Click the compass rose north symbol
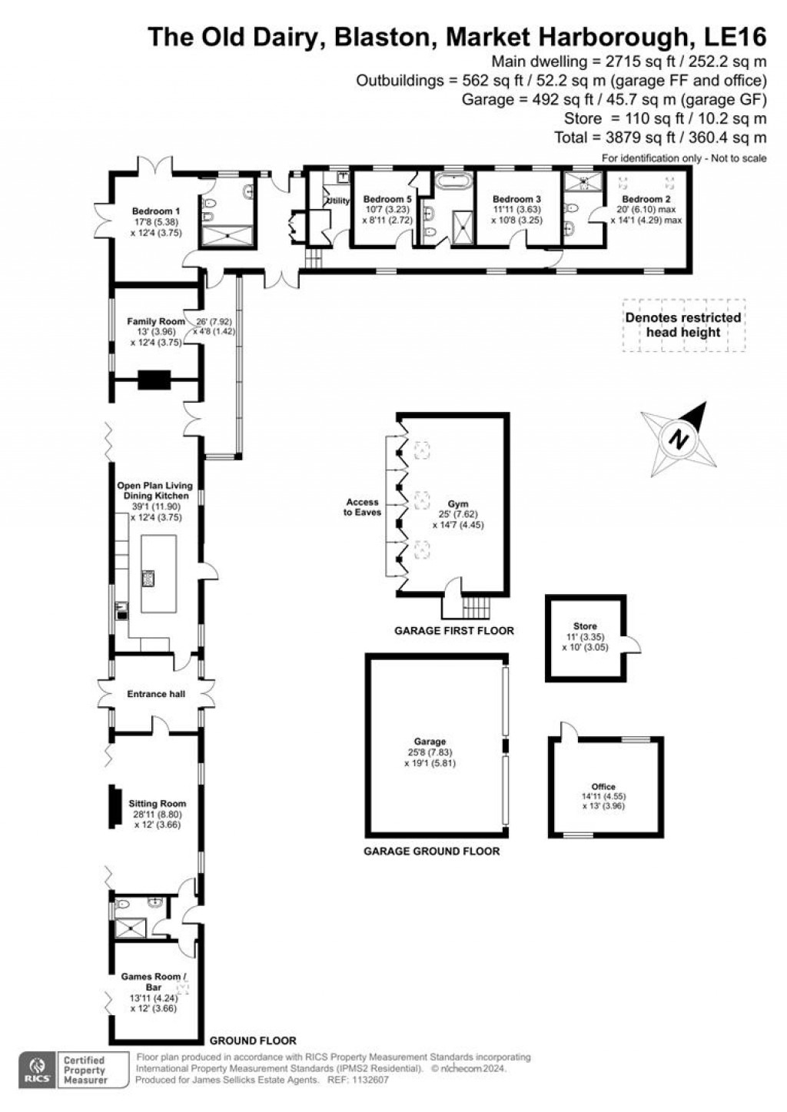(x=677, y=439)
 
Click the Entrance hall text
(x=157, y=694)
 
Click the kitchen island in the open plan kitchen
(x=158, y=573)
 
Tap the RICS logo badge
(x=36, y=1070)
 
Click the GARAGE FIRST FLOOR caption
(x=453, y=631)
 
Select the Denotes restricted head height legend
(x=682, y=325)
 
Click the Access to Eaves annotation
(x=362, y=507)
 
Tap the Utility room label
(x=338, y=201)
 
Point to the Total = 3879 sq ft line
(x=660, y=138)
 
